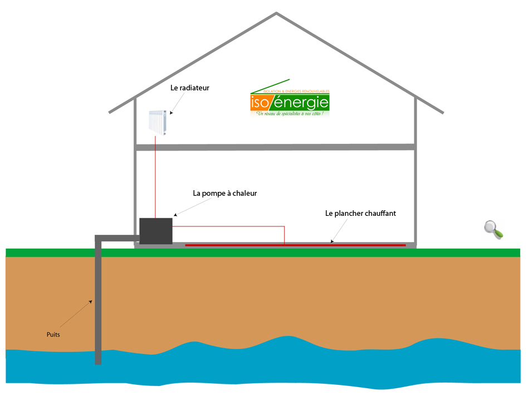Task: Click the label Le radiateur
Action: tap(190, 88)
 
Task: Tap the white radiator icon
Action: tap(158, 123)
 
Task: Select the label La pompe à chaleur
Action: tap(224, 194)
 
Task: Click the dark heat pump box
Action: tap(156, 230)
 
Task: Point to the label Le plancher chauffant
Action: tap(360, 213)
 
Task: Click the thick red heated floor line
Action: tap(295, 245)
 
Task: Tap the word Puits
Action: tap(53, 335)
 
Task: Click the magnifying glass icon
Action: tap(493, 229)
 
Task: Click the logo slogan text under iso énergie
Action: tap(290, 114)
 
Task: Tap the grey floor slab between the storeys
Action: tap(276, 147)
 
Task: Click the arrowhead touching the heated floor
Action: tap(333, 242)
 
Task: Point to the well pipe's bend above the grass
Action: tap(99, 239)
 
